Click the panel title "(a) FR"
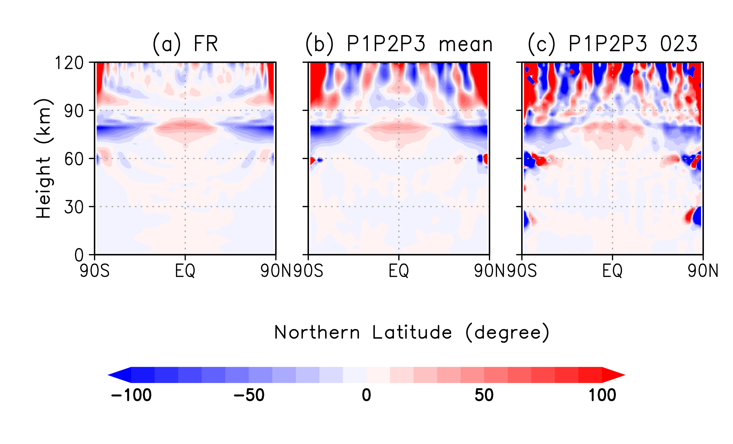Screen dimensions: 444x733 coord(185,44)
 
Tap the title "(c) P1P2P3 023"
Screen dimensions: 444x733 coord(613,44)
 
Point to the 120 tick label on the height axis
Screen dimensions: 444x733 coord(69,63)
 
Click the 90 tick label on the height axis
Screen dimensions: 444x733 coord(74,111)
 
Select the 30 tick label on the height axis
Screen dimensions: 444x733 coord(74,207)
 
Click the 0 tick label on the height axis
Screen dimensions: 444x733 coord(79,255)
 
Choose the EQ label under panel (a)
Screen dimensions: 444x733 coord(185,271)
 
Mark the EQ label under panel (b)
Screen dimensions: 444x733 coord(399,271)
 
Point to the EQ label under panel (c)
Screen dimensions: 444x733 coord(612,271)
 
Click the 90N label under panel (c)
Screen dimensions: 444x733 coord(703,271)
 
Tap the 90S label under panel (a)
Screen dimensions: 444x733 coord(95,271)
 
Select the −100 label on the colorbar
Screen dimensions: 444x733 coord(131,395)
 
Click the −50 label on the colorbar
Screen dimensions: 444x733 coord(249,395)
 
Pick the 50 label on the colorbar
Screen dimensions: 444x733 coord(484,395)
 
